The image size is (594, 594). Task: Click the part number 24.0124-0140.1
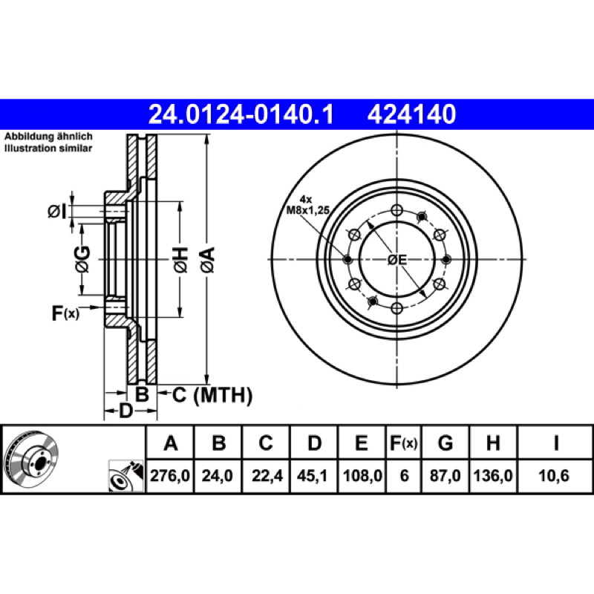tap(241, 114)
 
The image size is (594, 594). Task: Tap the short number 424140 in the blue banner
tap(411, 114)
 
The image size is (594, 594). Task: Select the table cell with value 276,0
tap(170, 476)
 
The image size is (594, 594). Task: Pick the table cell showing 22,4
tap(267, 476)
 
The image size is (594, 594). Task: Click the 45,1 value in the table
tap(313, 476)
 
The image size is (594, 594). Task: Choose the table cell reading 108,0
tap(362, 476)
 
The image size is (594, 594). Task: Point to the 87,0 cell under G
tap(445, 476)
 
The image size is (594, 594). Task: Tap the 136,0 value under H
tap(493, 476)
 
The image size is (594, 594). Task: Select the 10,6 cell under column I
tap(554, 476)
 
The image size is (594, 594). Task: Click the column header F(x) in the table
tap(404, 443)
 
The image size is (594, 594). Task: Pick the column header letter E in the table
tap(362, 443)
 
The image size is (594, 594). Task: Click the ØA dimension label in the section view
tap(208, 260)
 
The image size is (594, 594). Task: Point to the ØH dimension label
tap(180, 260)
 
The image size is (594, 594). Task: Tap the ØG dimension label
tap(82, 259)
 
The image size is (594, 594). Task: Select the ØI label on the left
tap(57, 211)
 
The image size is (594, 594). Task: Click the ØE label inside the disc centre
tap(397, 260)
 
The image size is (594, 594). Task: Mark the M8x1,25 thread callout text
tap(307, 210)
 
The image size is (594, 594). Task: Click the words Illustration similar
tap(48, 148)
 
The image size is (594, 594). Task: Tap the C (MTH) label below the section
tap(212, 395)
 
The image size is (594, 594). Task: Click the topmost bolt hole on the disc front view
tap(396, 210)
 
